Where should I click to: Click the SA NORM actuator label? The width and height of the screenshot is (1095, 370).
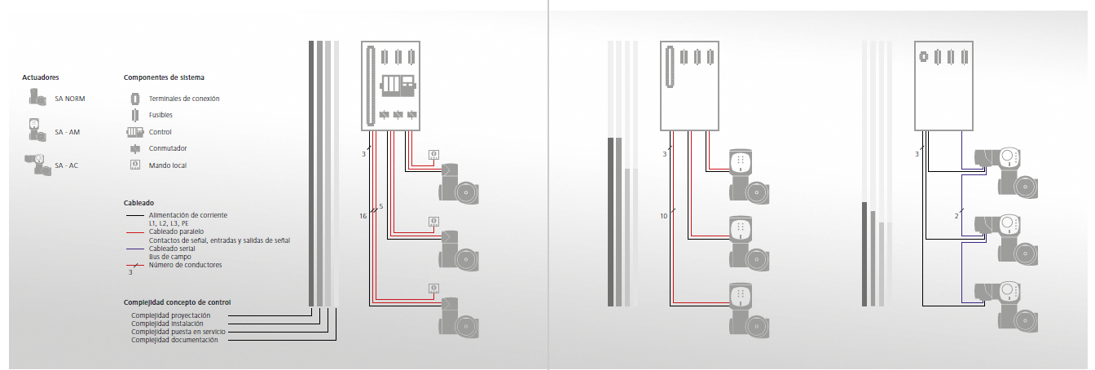click(70, 99)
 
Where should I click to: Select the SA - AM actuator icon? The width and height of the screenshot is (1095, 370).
click(34, 130)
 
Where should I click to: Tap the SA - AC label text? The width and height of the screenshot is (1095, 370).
click(67, 165)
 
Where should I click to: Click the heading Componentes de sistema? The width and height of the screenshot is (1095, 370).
click(164, 77)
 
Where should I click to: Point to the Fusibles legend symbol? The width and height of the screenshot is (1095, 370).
click(134, 115)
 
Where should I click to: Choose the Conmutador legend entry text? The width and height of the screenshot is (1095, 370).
click(168, 148)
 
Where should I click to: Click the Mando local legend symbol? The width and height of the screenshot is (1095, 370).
click(134, 165)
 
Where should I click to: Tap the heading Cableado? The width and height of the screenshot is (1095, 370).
click(139, 203)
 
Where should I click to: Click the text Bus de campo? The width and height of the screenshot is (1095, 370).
click(169, 257)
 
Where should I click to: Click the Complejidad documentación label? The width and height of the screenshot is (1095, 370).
click(174, 340)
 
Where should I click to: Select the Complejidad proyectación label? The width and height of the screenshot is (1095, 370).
click(171, 315)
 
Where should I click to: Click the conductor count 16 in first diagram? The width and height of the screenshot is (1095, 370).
click(363, 216)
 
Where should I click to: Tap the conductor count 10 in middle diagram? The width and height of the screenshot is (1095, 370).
click(664, 216)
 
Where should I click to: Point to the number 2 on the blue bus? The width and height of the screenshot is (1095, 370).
click(956, 216)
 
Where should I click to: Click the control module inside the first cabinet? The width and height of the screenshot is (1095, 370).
click(398, 84)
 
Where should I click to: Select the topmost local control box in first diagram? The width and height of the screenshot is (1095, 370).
click(434, 154)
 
